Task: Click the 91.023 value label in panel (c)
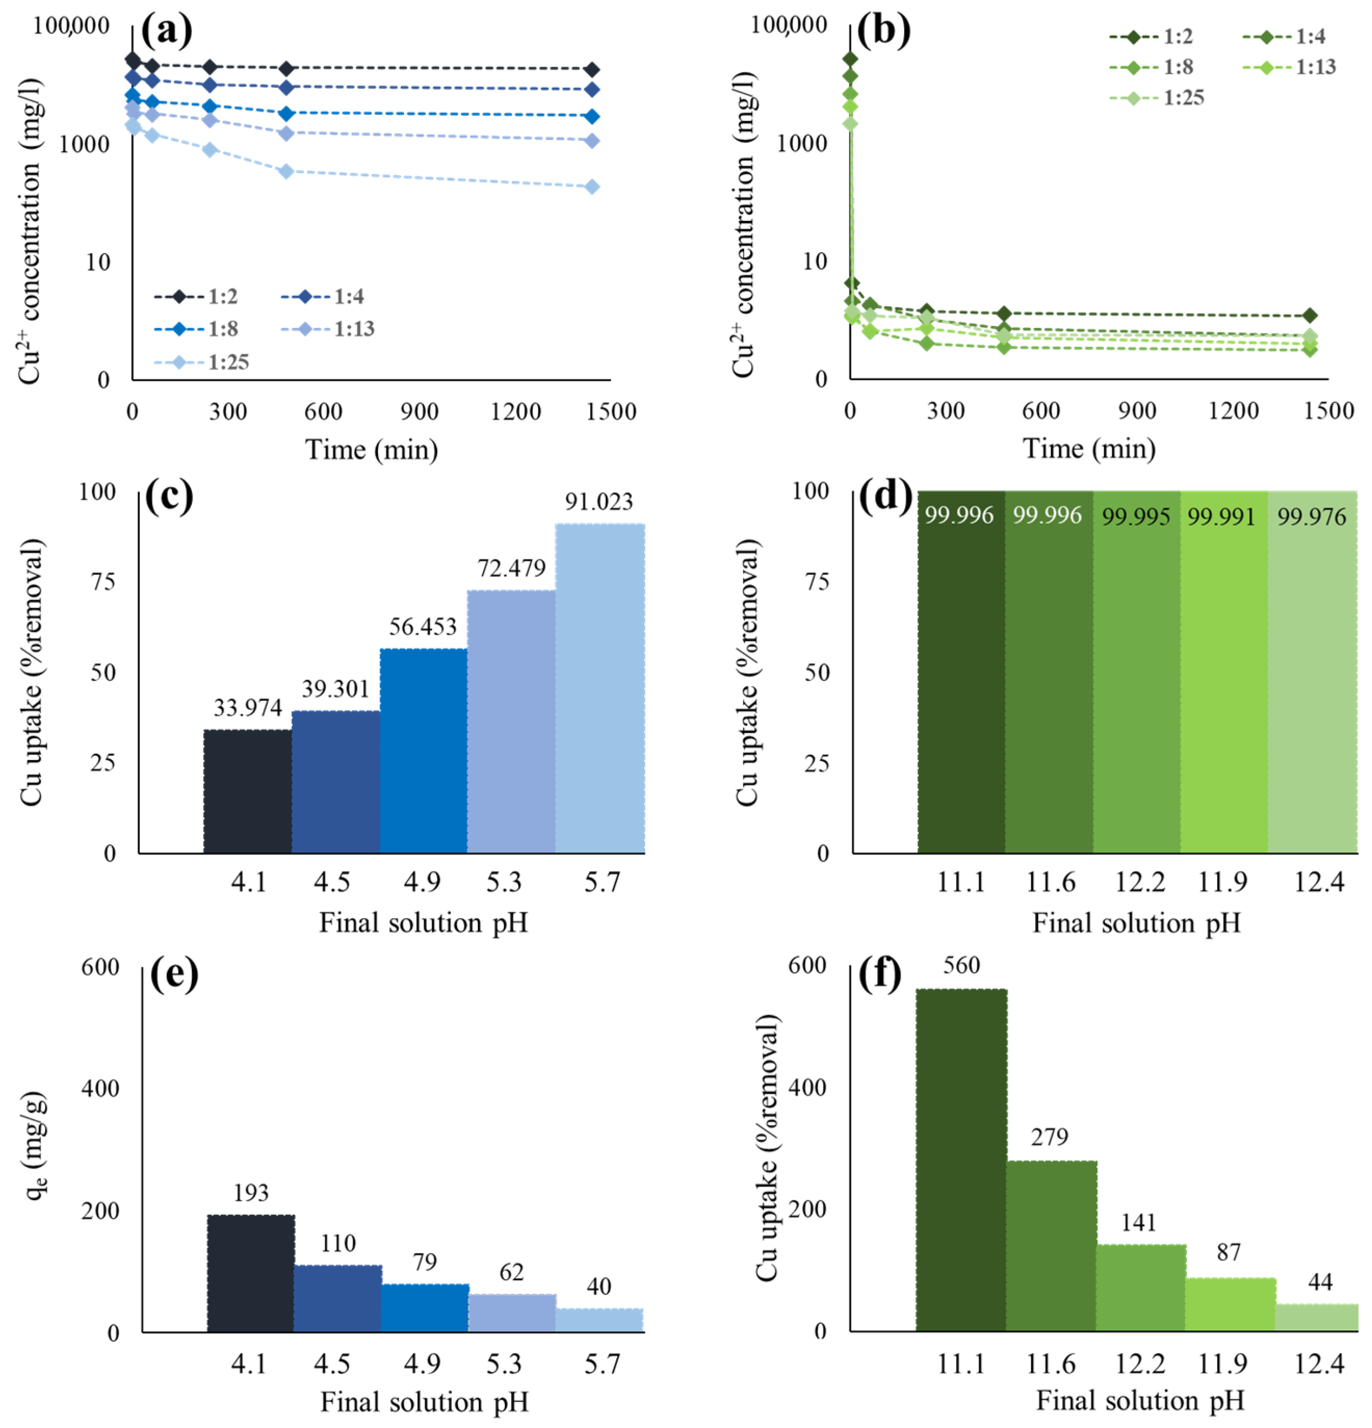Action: tap(598, 502)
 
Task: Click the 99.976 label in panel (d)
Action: tap(1312, 517)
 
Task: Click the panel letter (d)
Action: tap(884, 496)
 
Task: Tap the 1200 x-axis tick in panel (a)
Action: tap(515, 412)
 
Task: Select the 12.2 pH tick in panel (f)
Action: tap(1140, 1363)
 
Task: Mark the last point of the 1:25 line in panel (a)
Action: tap(592, 187)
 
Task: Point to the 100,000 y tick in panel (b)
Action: tap(789, 25)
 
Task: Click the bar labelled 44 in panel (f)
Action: tap(1316, 1318)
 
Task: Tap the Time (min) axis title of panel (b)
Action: tap(1089, 449)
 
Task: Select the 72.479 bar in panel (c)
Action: tap(511, 722)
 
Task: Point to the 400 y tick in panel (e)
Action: tap(100, 1089)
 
